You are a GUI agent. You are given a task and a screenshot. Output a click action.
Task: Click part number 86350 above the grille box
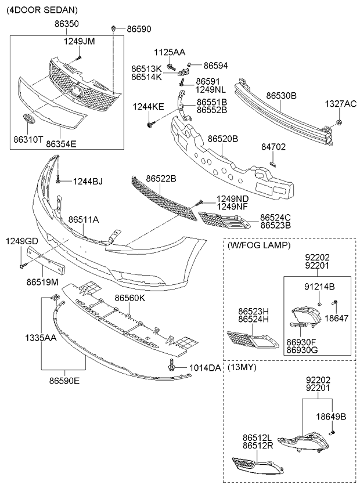point(67,24)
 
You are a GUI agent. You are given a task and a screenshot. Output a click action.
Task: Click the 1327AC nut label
point(340,104)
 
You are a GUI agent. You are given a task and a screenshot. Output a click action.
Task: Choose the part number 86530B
point(281,95)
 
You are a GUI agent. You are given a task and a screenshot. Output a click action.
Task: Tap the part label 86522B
point(161,179)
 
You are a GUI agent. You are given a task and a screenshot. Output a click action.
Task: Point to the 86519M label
point(42,282)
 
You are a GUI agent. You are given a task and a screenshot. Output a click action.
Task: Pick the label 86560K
point(129,298)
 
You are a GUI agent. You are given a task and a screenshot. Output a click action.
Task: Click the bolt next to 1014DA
point(171,366)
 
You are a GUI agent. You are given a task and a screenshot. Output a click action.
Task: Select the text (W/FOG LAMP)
point(259,245)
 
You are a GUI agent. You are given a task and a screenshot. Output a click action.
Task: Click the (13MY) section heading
point(242,368)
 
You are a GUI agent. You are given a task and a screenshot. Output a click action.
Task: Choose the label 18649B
point(330,417)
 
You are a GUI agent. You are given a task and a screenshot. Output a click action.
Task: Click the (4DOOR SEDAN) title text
point(42,10)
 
